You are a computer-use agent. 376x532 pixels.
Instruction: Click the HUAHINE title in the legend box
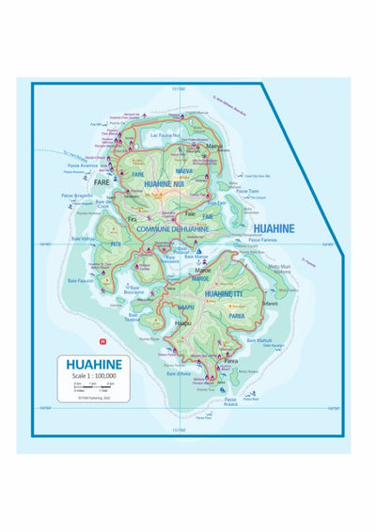pyautogui.click(x=93, y=365)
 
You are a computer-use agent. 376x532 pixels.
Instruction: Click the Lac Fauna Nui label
pyautogui.click(x=168, y=135)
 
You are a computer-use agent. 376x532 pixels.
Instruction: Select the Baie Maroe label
pyautogui.click(x=196, y=257)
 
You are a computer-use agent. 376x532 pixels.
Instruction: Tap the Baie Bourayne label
pyautogui.click(x=140, y=290)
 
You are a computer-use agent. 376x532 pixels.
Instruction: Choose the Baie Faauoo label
pyautogui.click(x=80, y=281)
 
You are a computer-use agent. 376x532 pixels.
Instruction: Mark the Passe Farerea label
pyautogui.click(x=262, y=240)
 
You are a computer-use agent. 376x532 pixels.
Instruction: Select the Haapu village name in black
pyautogui.click(x=182, y=322)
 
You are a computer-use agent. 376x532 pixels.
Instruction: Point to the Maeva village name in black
pyautogui.click(x=214, y=146)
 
